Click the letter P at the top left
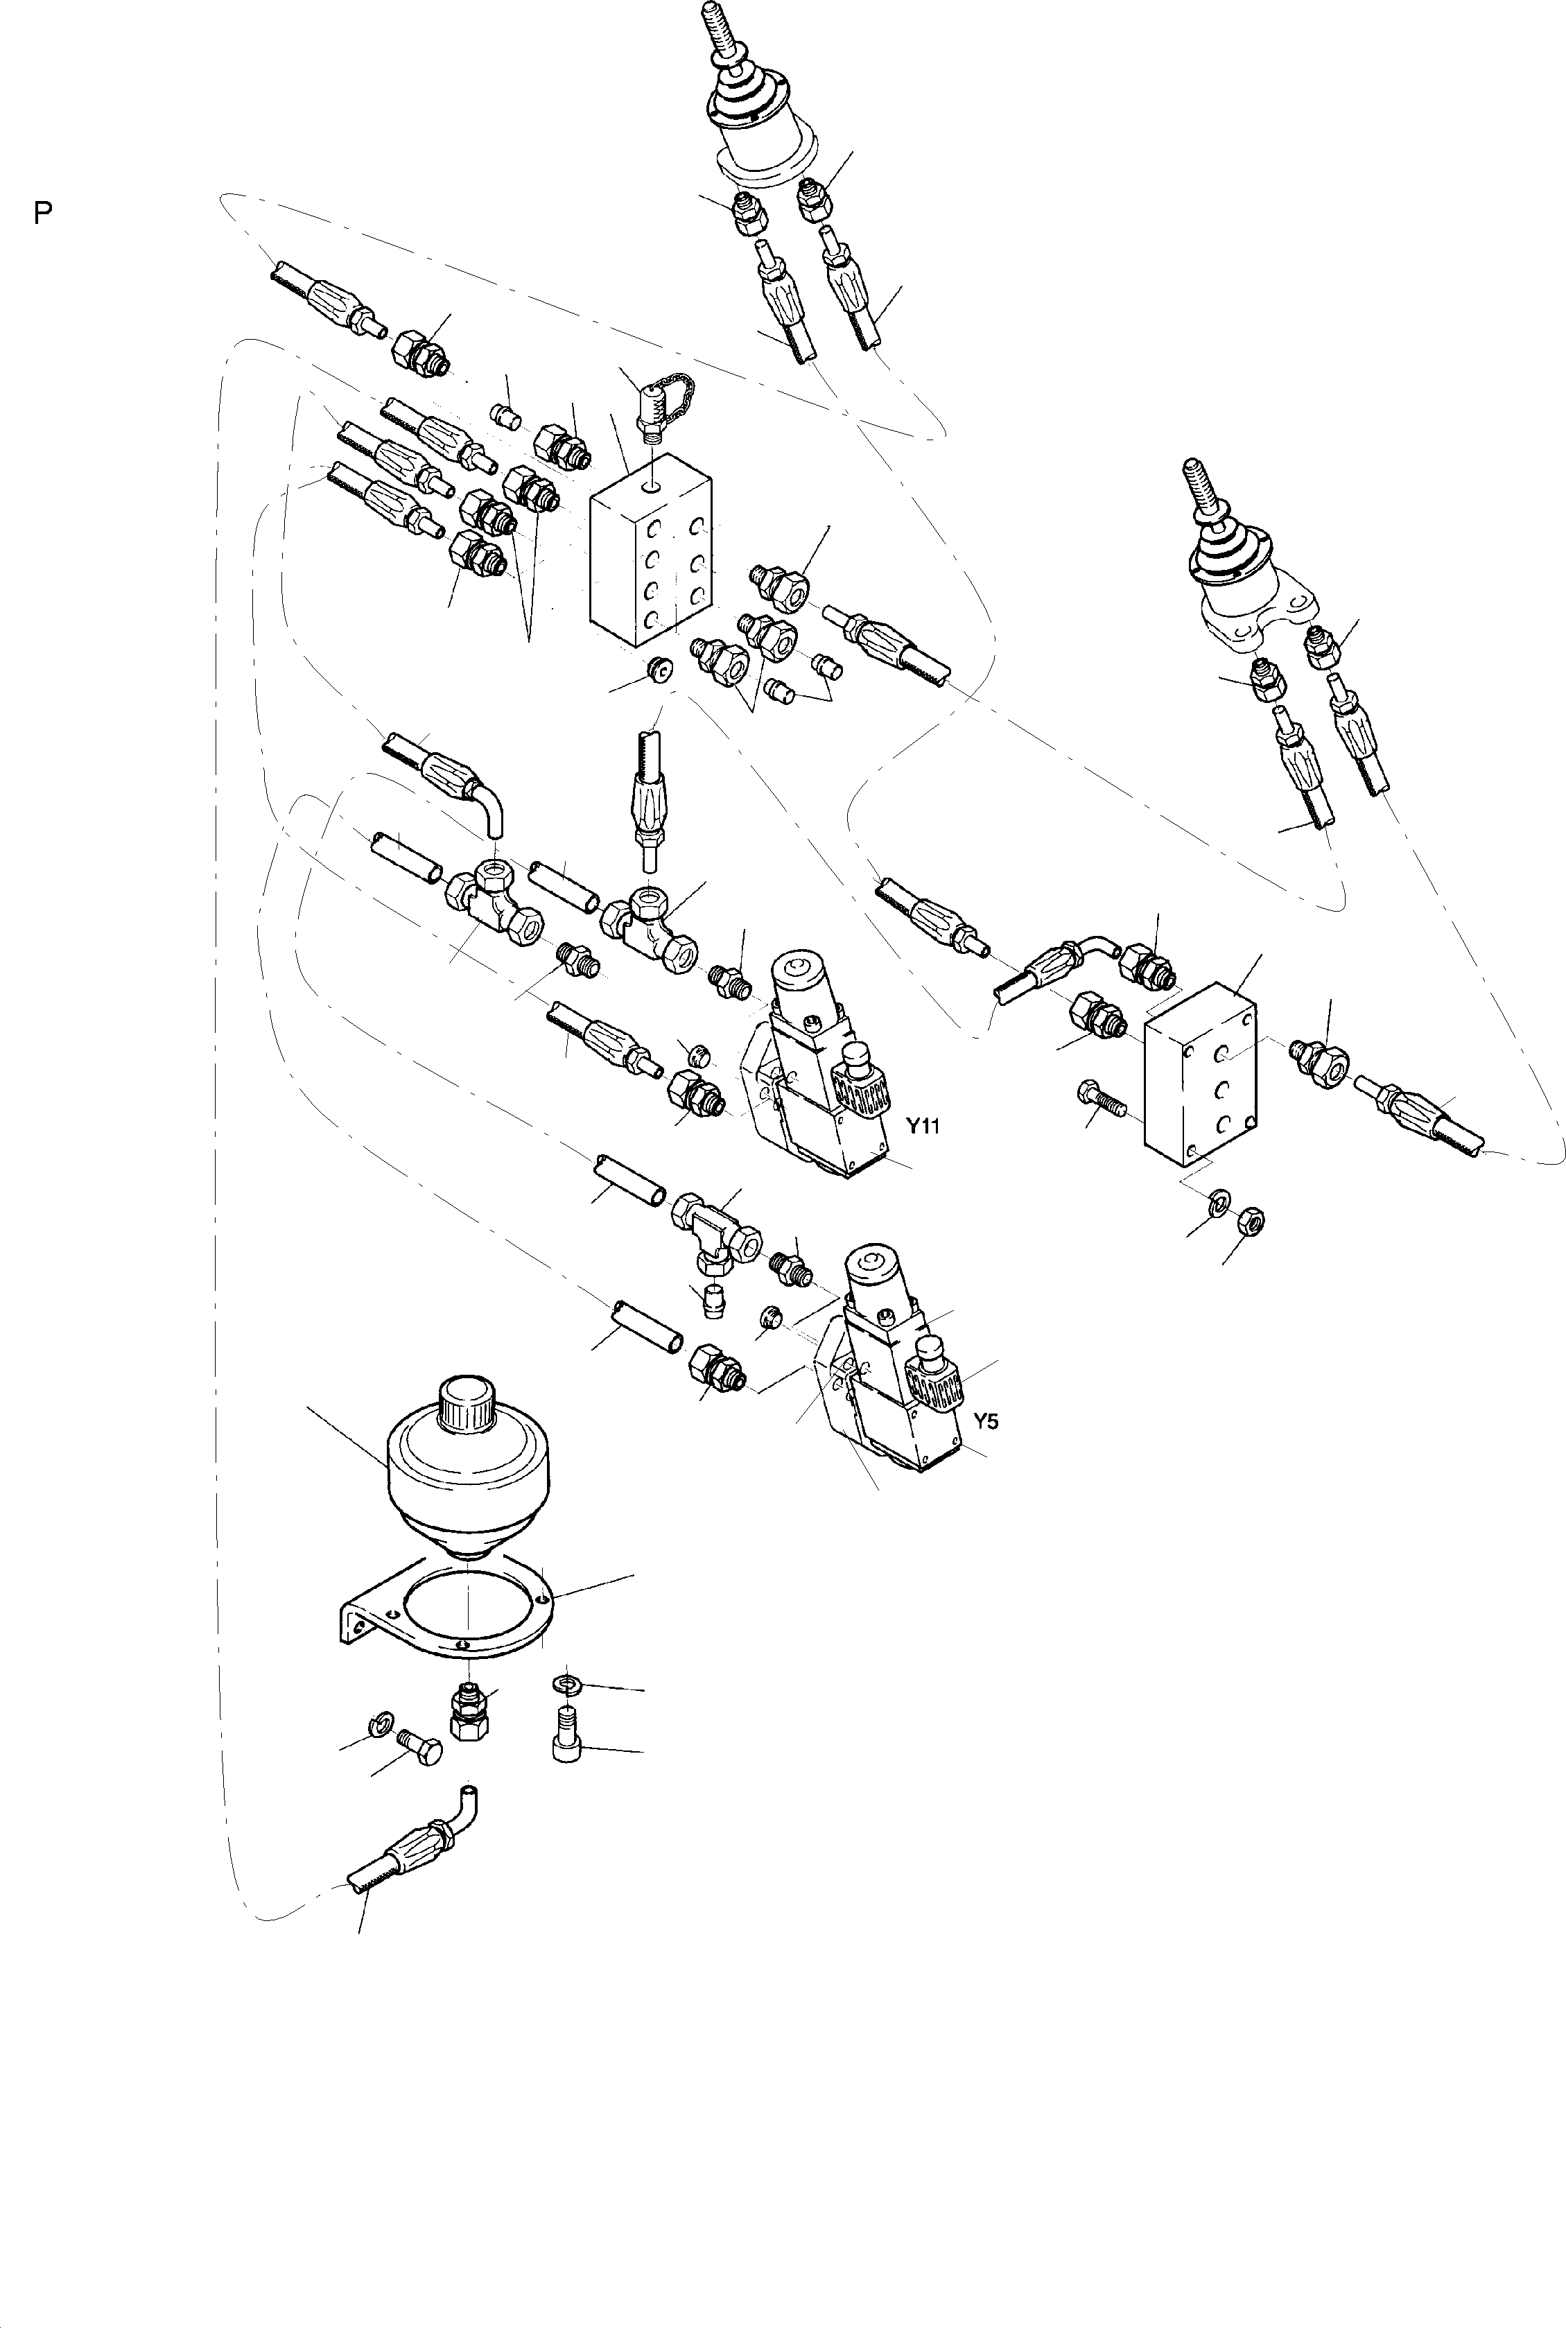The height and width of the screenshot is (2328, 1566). (x=42, y=213)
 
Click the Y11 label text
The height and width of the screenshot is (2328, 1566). (x=923, y=1127)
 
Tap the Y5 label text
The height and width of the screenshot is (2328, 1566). (x=985, y=1421)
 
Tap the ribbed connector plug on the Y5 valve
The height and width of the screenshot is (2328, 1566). (x=934, y=1379)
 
